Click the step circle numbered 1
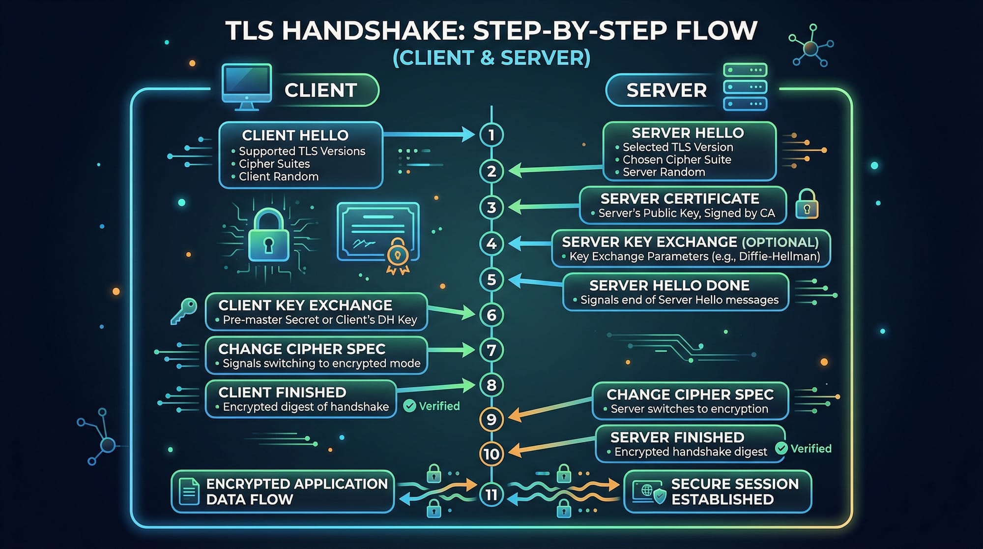point(491,135)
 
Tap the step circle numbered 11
point(491,494)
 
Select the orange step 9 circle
point(491,420)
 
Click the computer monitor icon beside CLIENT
point(247,86)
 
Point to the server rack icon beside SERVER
point(745,87)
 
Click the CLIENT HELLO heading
point(295,135)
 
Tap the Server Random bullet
point(664,172)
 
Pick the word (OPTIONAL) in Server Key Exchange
point(780,242)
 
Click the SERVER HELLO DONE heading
point(669,285)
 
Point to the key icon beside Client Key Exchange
point(184,311)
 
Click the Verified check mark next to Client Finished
point(409,406)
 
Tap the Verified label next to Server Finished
point(810,449)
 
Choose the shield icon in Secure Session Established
point(659,496)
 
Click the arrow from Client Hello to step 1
point(428,134)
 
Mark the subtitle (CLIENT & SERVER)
point(491,58)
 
